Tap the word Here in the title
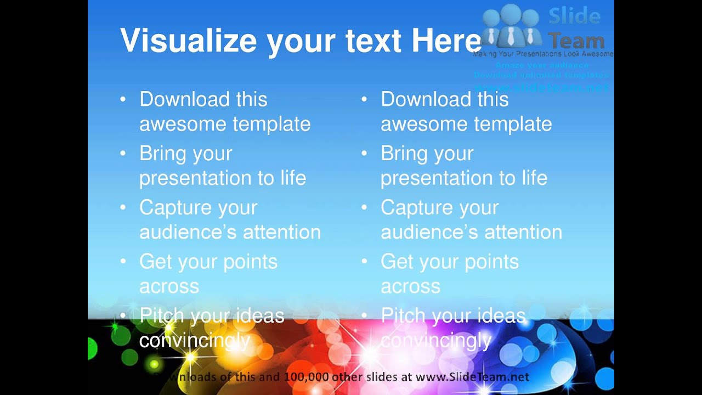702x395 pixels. coord(446,41)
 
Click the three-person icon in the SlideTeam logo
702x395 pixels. coord(511,27)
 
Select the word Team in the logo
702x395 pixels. coord(576,41)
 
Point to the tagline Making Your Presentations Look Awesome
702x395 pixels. coord(543,54)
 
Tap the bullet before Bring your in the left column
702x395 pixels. coord(123,154)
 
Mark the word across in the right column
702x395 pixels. coord(410,286)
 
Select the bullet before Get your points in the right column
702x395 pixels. coord(364,262)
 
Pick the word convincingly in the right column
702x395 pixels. coord(436,341)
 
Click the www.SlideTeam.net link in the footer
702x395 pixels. coord(472,377)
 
